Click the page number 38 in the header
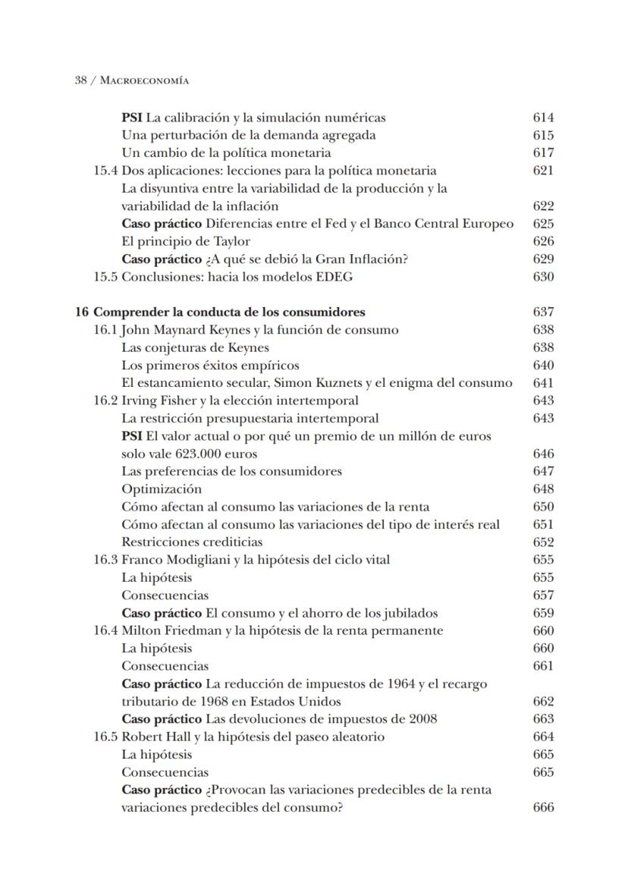(x=80, y=80)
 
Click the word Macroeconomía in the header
(x=145, y=80)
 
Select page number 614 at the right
(x=543, y=118)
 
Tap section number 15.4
(x=105, y=171)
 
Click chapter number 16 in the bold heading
(x=81, y=312)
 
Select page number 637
(x=543, y=312)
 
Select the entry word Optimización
(x=162, y=489)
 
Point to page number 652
(x=543, y=542)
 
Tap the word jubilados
(x=409, y=613)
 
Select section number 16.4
(x=105, y=631)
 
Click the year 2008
(x=422, y=719)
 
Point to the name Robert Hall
(x=153, y=737)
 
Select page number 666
(x=543, y=807)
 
